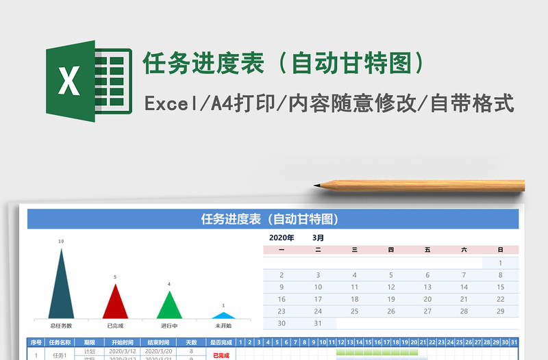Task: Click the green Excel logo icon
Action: tap(88, 81)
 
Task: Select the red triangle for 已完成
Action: tap(115, 303)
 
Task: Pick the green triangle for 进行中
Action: tap(169, 306)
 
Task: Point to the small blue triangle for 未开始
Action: tap(223, 316)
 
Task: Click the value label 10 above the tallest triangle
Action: tap(61, 242)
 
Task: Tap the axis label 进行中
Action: tap(169, 326)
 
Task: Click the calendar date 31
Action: tap(318, 323)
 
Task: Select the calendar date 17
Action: tap(318, 299)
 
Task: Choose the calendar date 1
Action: tap(500, 263)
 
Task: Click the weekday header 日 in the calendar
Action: tap(500, 250)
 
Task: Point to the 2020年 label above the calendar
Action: tap(282, 237)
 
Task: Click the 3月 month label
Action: tap(319, 237)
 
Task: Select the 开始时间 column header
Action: tap(119, 342)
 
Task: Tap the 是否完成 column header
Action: tap(221, 342)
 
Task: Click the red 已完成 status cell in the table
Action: tap(221, 355)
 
